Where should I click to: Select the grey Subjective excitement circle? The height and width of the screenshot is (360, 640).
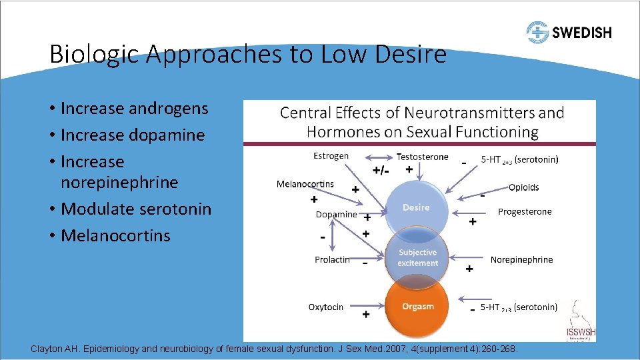(417, 257)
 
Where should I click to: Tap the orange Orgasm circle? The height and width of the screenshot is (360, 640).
(418, 307)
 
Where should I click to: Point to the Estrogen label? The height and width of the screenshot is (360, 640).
(331, 156)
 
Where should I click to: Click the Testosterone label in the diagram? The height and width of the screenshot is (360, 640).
(422, 157)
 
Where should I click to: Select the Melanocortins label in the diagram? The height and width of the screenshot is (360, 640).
(305, 184)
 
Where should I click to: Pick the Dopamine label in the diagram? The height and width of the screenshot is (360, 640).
(336, 215)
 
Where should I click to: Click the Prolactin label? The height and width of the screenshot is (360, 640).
(332, 259)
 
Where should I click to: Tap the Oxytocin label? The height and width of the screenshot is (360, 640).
(326, 307)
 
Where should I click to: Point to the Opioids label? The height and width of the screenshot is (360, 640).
(523, 187)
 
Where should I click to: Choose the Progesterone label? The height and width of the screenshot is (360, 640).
(525, 212)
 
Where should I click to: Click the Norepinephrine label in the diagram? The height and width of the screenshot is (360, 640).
(521, 259)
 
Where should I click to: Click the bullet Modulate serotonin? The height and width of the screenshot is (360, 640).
(135, 209)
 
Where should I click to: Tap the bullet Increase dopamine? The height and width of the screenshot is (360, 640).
(132, 135)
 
